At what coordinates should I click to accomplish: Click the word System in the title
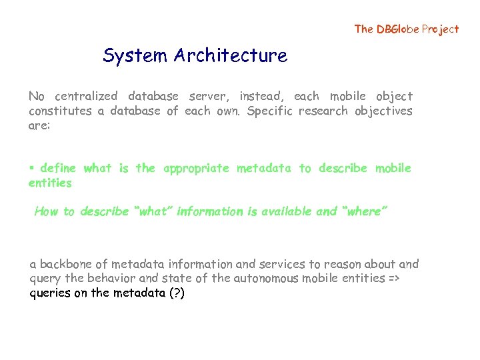(135, 56)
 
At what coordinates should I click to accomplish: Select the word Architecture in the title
(231, 56)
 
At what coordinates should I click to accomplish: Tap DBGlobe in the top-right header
(399, 29)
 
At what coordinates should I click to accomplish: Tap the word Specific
(269, 111)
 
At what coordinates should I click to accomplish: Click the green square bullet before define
(31, 168)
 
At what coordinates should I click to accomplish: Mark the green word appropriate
(195, 169)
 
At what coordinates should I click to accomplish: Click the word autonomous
(266, 279)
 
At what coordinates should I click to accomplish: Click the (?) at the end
(175, 293)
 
